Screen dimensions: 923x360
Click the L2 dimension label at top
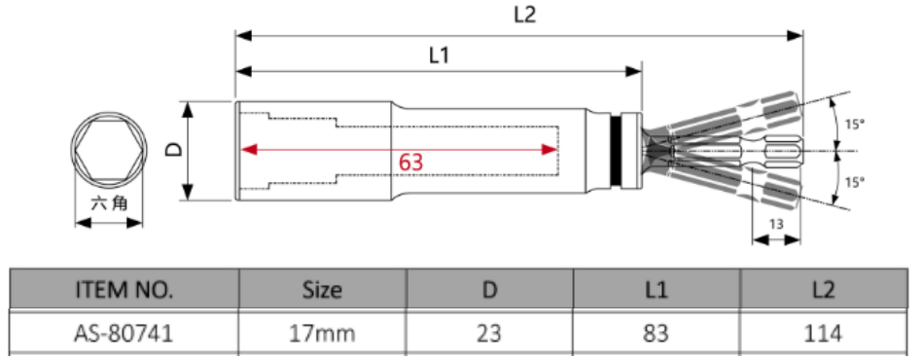525,15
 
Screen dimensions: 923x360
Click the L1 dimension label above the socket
439,55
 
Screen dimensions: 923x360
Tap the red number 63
410,162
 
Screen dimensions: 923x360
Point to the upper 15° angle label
855,125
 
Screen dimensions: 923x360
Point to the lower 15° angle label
855,183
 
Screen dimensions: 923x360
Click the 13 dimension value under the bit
776,224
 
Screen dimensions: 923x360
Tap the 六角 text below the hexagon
109,204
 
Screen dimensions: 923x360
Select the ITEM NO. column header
124,289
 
